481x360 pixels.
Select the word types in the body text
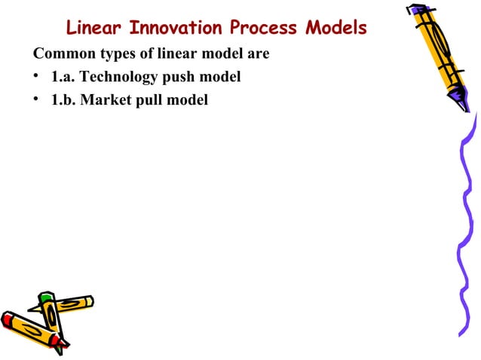115,55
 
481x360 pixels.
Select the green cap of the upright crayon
47,297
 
